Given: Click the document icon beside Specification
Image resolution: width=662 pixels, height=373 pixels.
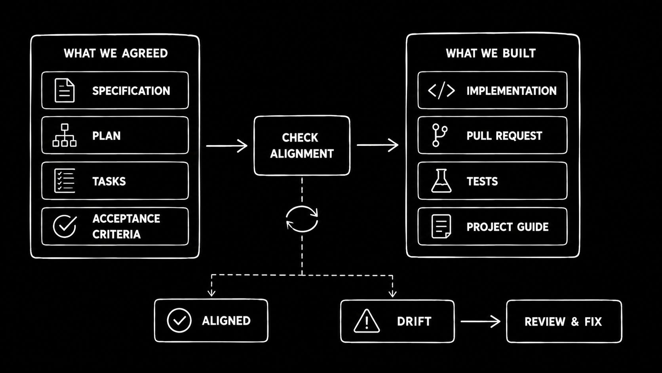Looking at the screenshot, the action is (x=65, y=90).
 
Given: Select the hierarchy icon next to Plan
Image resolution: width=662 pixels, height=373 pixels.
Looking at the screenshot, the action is (x=65, y=135).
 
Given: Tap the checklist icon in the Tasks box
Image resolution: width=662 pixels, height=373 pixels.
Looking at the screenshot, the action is (x=65, y=181).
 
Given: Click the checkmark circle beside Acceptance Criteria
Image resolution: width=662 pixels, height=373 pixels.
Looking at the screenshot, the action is (x=65, y=226).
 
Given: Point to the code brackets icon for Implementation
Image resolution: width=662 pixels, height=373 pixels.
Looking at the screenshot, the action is (x=441, y=91).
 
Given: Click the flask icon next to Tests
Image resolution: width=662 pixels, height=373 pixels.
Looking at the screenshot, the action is (x=441, y=181).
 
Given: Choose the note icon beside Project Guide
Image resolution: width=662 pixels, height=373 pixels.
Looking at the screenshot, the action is (x=441, y=226).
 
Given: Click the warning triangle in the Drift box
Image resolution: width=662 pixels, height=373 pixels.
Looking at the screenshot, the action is (x=367, y=321).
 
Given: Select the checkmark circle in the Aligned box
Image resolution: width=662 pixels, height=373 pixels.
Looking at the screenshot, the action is (x=179, y=320).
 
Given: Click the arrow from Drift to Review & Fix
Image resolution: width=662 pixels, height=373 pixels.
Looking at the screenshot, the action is (x=480, y=321).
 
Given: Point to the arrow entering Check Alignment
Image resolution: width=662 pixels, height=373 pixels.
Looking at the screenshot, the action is (x=227, y=146).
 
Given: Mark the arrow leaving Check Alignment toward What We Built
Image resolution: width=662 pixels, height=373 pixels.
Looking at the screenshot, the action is (x=377, y=145).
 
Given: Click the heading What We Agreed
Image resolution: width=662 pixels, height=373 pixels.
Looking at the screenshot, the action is (x=116, y=53).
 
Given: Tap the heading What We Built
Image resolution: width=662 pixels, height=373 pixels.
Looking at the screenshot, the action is (x=491, y=53).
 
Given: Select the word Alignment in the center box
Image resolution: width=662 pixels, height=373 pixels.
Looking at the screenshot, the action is (x=302, y=153).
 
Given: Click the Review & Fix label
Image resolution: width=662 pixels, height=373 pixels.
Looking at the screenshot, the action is (x=563, y=321).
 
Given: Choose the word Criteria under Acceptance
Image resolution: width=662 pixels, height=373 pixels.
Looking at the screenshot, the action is (x=116, y=234).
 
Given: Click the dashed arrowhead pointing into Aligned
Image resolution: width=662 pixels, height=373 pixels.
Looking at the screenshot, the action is (x=211, y=293).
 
